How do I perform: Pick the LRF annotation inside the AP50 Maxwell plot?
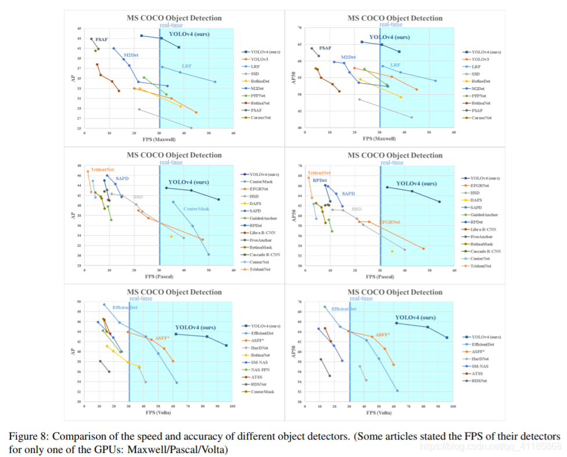point(395,65)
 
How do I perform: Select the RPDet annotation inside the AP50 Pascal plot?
point(320,181)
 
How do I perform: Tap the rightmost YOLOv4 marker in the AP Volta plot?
point(226,346)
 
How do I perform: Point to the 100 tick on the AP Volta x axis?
point(232,406)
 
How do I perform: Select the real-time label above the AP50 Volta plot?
point(361,298)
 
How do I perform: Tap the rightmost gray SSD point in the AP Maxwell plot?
point(191,128)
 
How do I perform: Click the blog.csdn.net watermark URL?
point(491,447)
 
